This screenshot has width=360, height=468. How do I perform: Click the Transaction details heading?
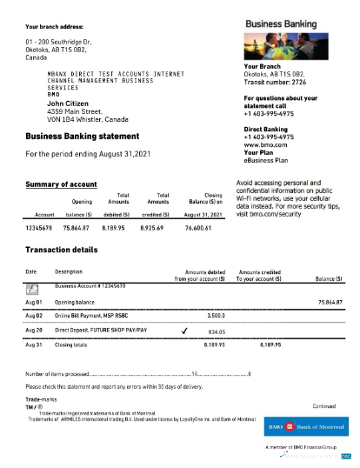64,251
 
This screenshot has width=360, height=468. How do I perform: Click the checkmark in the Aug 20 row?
183,331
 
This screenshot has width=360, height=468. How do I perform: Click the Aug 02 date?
34,317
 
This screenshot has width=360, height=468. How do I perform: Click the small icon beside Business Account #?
32,287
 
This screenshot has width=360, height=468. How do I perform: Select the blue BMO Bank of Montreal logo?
305,429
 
